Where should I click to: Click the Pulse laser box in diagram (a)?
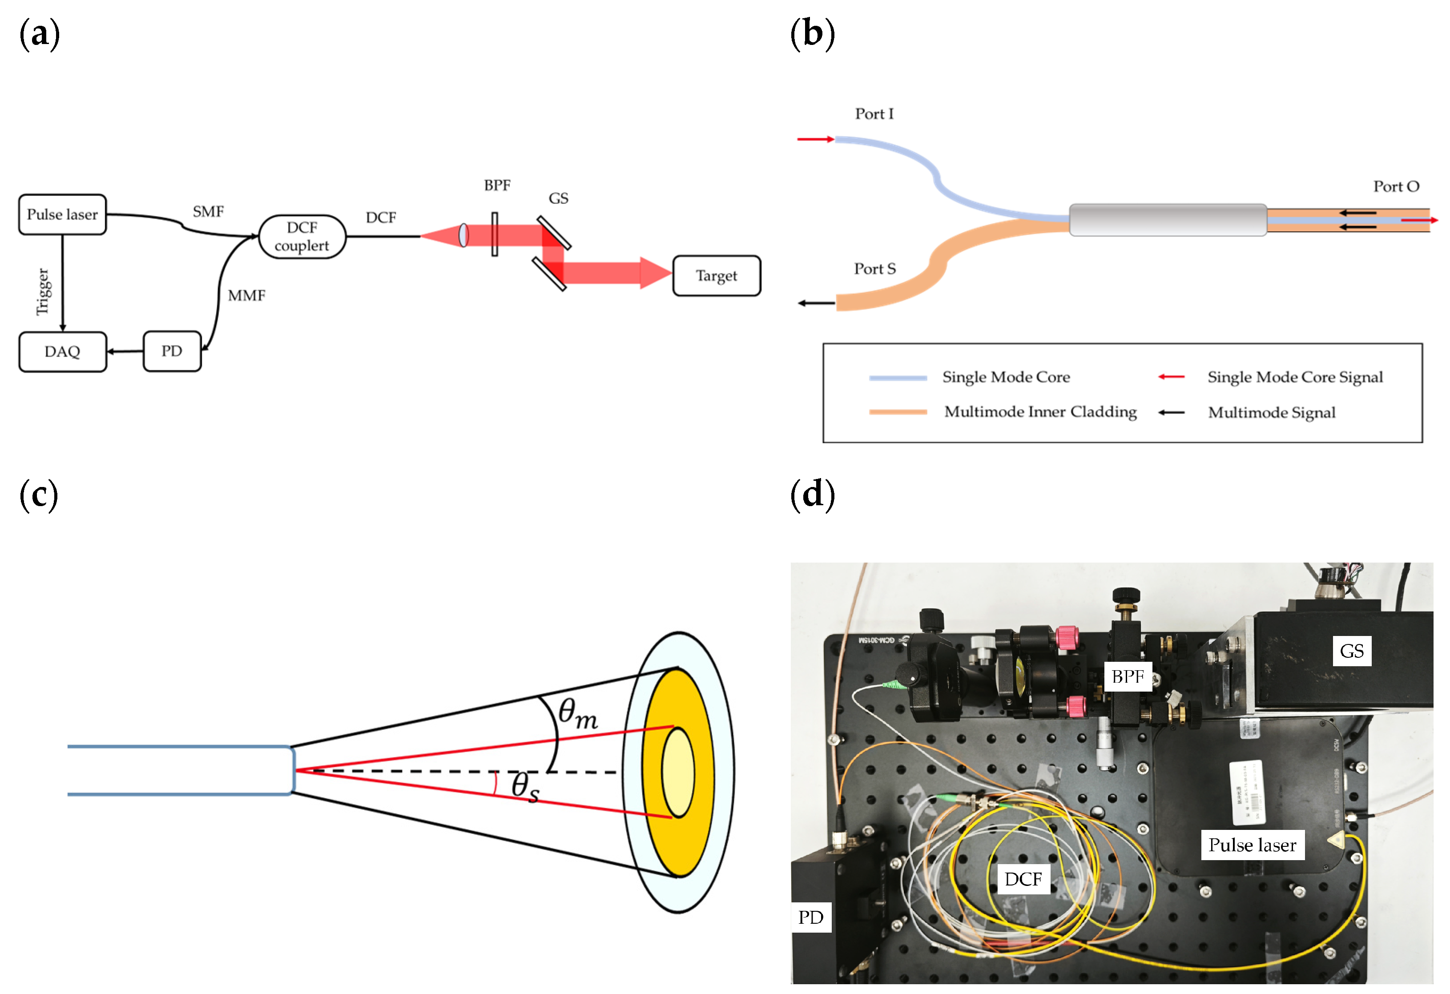(62, 215)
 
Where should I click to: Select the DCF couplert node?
(302, 237)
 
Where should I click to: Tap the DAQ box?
(62, 351)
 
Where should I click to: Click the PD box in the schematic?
(172, 351)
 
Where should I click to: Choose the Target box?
(716, 276)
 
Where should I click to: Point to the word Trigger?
(42, 291)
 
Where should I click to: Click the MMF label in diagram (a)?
(246, 295)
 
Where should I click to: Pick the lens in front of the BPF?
(463, 235)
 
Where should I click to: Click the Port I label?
(874, 113)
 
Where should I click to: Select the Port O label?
(1396, 187)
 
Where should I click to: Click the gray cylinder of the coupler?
(1168, 220)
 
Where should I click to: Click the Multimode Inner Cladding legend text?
(1040, 412)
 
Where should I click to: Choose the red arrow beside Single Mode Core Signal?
(1171, 377)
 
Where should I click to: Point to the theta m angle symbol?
(577, 713)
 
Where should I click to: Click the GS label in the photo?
(1351, 651)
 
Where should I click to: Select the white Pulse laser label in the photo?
(1252, 845)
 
